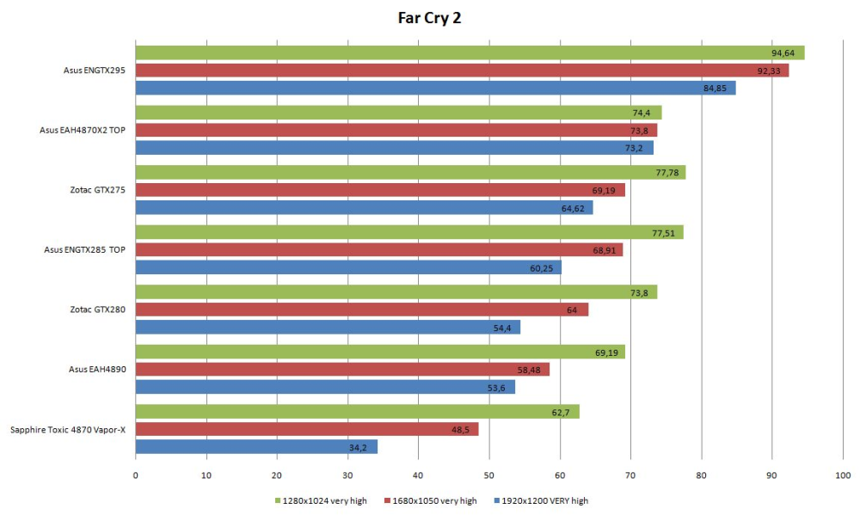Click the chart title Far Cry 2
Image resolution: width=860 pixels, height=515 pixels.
tap(429, 18)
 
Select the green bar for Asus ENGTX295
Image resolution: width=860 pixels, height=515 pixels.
tap(470, 52)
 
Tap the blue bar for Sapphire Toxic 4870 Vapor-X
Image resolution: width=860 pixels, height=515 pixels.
tap(256, 447)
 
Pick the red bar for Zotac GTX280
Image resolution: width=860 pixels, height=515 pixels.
tap(362, 310)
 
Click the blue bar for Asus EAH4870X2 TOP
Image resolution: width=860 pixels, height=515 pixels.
tap(395, 148)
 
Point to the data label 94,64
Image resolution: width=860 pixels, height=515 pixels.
tap(783, 53)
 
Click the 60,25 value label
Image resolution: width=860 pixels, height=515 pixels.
tap(541, 268)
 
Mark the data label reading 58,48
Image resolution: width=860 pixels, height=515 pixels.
tap(529, 371)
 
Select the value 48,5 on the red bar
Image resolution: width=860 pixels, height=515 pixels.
tap(460, 430)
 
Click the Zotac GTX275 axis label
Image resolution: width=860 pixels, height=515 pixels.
tap(98, 190)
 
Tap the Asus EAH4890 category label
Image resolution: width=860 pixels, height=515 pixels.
tap(97, 369)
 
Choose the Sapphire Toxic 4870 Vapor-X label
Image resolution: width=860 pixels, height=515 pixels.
tap(68, 429)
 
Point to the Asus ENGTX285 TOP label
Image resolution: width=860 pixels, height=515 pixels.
tap(84, 249)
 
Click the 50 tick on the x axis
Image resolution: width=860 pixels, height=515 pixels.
tap(488, 475)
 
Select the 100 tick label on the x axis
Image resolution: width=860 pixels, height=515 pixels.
tap(843, 475)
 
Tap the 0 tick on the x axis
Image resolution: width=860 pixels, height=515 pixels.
tap(136, 475)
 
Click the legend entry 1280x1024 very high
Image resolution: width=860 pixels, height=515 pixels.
tap(321, 500)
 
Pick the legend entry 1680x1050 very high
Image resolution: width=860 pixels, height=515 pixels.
tap(431, 500)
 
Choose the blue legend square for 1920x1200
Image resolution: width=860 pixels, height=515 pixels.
tap(497, 500)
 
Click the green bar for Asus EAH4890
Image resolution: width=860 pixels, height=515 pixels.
tap(380, 352)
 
